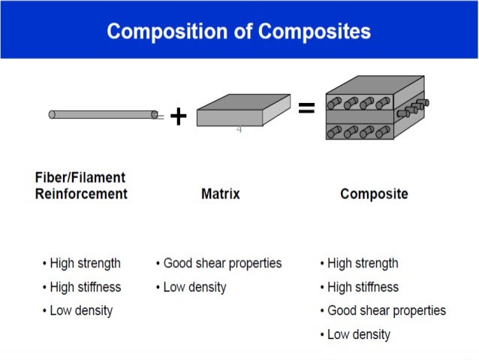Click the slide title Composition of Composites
click(x=239, y=32)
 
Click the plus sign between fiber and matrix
click(x=178, y=116)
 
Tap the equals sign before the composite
click(x=306, y=110)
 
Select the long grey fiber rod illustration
click(x=103, y=114)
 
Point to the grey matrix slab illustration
click(x=242, y=110)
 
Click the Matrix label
click(x=221, y=194)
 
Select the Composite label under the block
click(x=374, y=194)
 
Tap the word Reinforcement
click(x=81, y=194)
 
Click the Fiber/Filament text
click(x=80, y=178)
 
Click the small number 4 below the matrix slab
click(x=239, y=130)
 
